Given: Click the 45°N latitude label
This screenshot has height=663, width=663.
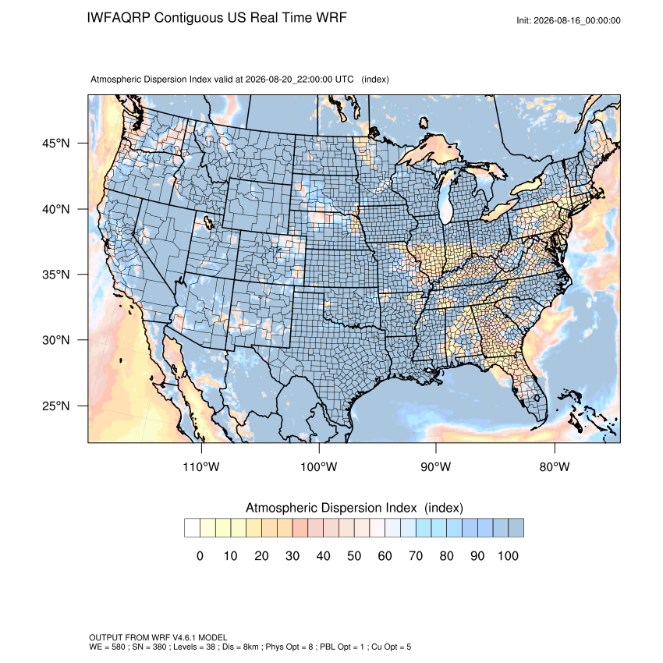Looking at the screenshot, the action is point(56,144).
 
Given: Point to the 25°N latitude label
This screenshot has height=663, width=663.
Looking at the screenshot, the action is point(56,406).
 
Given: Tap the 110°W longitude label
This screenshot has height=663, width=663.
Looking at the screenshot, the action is point(201,466).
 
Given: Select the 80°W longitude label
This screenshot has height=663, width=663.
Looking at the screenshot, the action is point(555,466).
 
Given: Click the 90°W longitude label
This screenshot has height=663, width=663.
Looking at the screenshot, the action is point(435,466).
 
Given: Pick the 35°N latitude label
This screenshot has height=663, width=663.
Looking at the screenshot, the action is point(56,275).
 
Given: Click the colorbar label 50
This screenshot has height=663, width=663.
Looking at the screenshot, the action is point(354,555).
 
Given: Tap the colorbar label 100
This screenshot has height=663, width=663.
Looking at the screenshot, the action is point(508,555).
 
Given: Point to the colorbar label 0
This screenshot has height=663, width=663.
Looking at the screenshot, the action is point(200,555).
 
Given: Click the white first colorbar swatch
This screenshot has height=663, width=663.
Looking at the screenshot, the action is point(192,528).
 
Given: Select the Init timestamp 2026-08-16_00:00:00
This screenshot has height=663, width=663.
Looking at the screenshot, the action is point(576,20).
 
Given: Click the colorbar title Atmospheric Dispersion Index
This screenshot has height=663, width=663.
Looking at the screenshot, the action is point(331,508).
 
